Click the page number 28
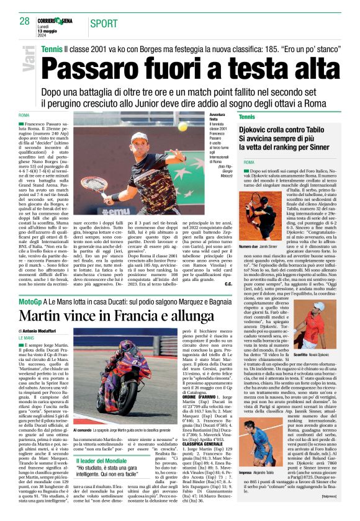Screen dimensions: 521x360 24,21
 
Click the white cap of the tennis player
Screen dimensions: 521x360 139,136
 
